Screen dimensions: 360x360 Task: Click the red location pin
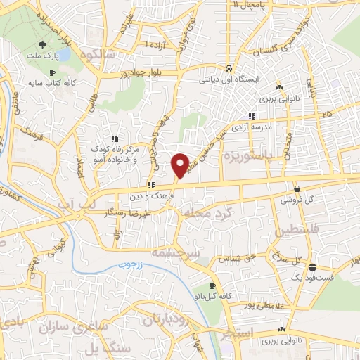coord(180,165)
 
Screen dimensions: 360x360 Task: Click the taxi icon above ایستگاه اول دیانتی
coord(229,68)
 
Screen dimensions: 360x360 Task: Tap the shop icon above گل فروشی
coord(297,188)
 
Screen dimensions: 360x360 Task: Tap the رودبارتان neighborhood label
coord(168,321)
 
